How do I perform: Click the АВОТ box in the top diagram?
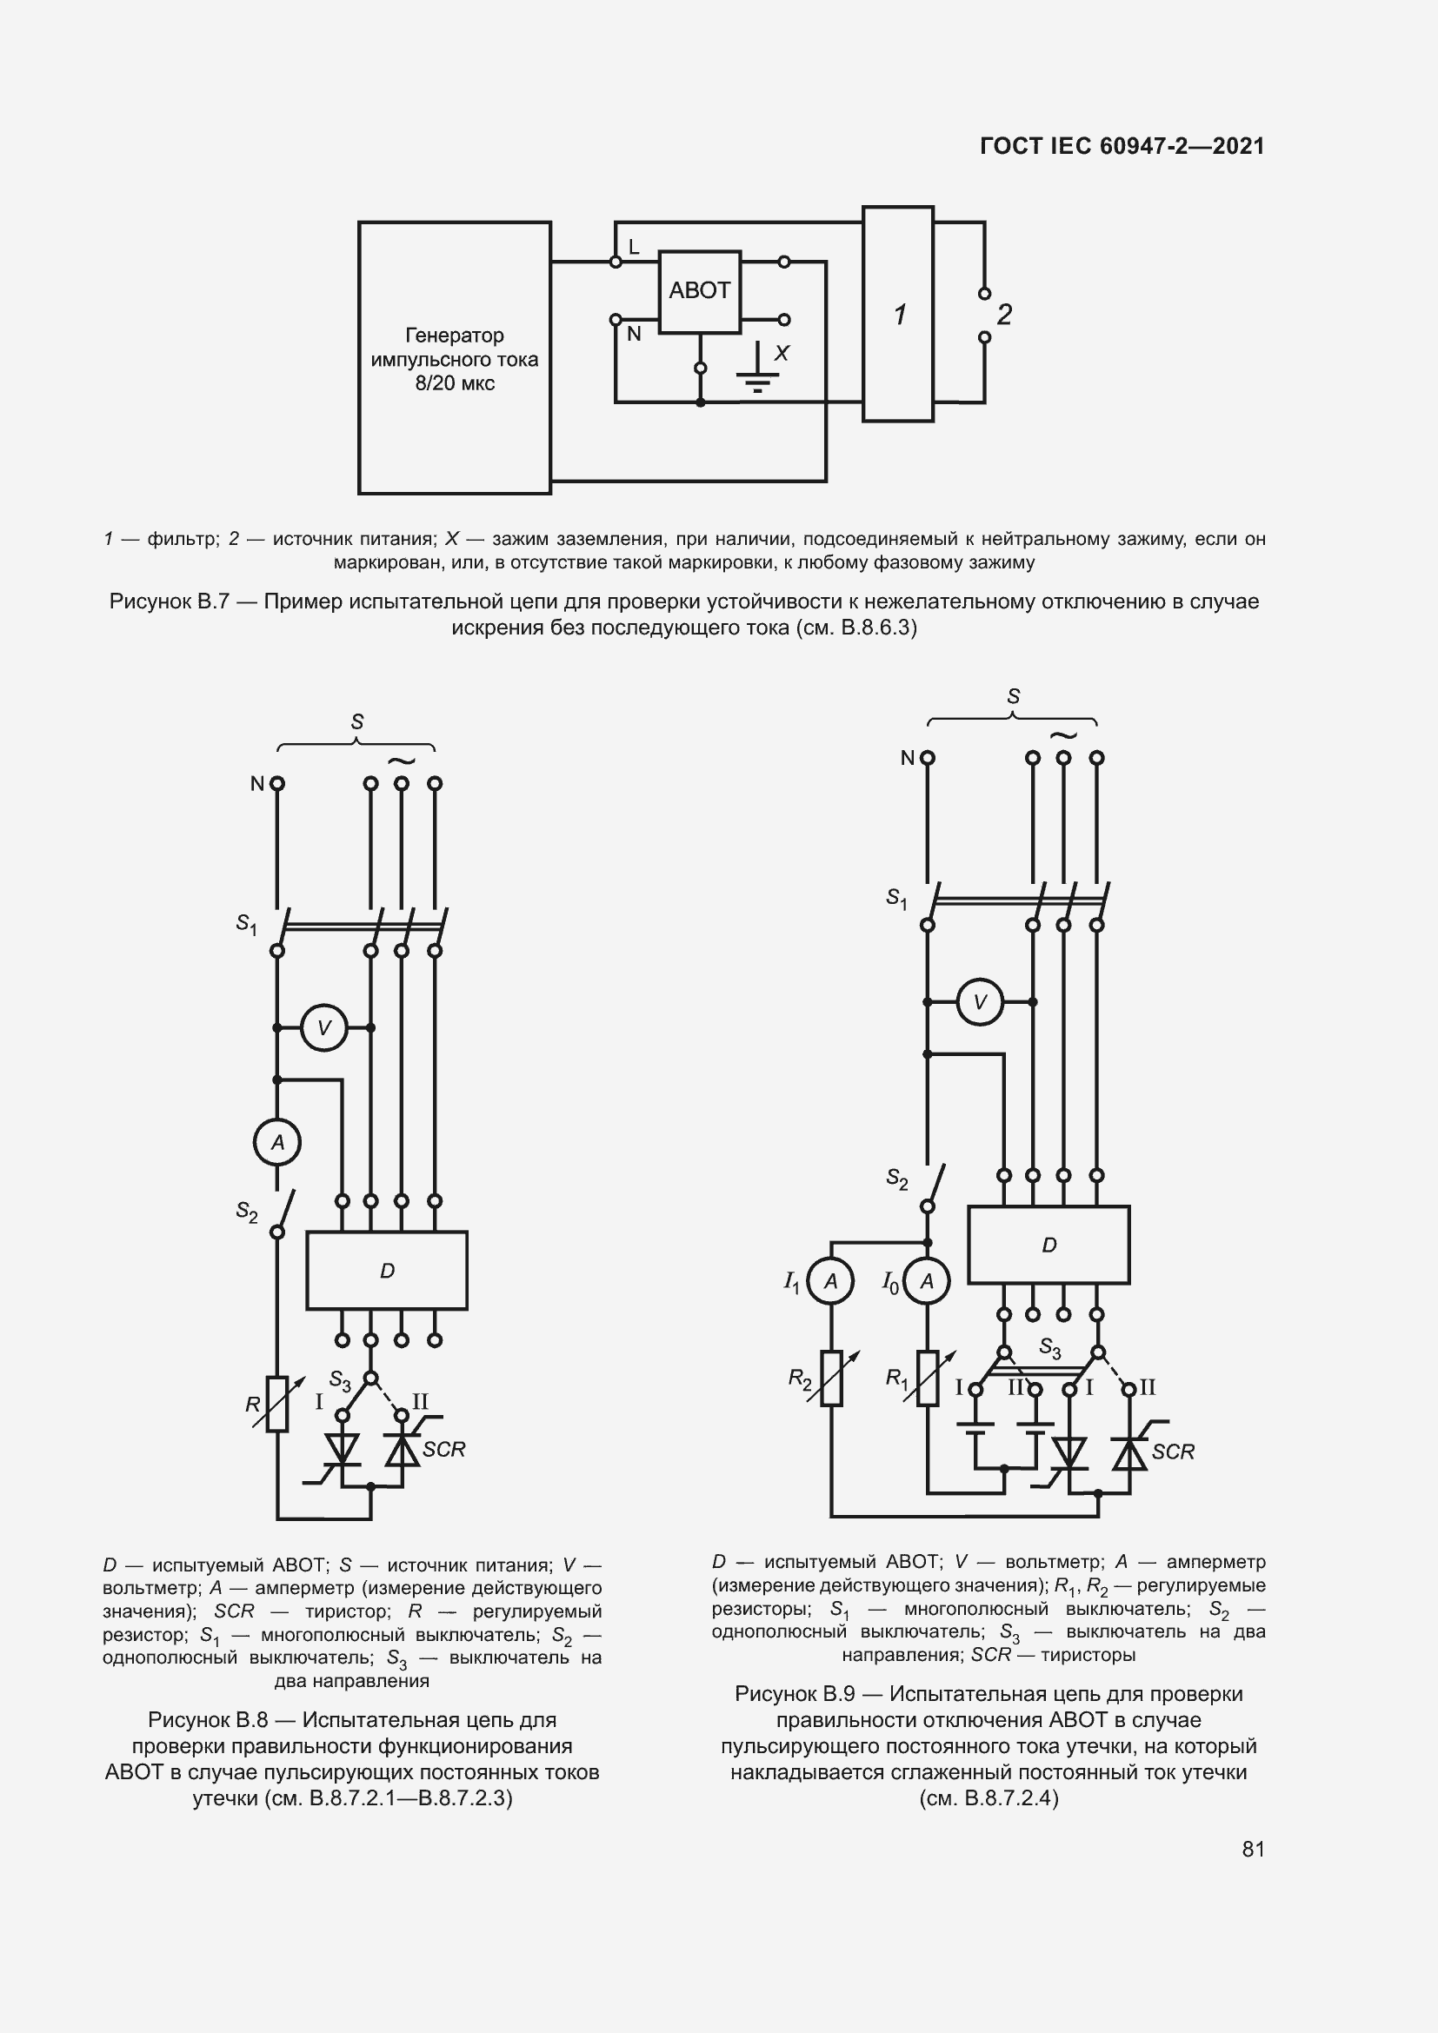click(x=699, y=291)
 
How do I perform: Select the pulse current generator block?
click(x=454, y=358)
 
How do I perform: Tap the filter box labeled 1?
click(x=898, y=315)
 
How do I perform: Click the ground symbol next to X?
click(x=757, y=372)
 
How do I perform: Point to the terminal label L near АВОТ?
click(x=634, y=248)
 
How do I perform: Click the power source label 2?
click(x=1004, y=315)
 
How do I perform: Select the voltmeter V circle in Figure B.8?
click(x=324, y=1028)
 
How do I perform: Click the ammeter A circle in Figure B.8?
click(x=277, y=1142)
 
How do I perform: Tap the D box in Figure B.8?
click(x=387, y=1271)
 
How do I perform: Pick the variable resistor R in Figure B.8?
click(x=277, y=1405)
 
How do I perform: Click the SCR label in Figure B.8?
click(x=443, y=1450)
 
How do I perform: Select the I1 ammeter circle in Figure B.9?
click(x=830, y=1281)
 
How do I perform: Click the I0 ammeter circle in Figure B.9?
click(x=927, y=1281)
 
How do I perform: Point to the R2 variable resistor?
click(x=830, y=1379)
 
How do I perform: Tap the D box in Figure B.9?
click(x=1049, y=1245)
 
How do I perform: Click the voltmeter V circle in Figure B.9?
click(x=980, y=1002)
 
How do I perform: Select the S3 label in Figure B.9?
click(x=1049, y=1348)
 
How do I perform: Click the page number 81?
click(x=1253, y=1849)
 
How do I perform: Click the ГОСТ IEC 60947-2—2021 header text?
click(x=1122, y=146)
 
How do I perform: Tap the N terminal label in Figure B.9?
click(x=907, y=758)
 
